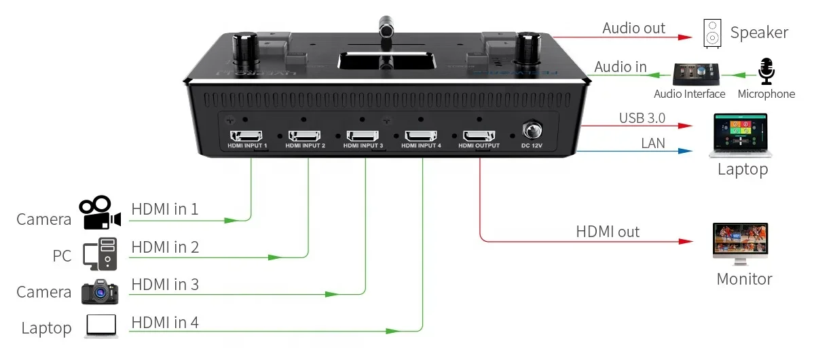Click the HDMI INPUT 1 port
click(248, 135)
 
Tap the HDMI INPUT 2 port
click(306, 135)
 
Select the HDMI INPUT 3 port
click(363, 135)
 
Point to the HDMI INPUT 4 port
click(421, 135)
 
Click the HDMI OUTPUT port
click(479, 135)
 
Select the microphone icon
click(766, 71)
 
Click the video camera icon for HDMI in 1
click(99, 213)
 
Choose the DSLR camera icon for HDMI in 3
click(100, 291)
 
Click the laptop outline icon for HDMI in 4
click(101, 327)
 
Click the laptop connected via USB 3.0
click(742, 134)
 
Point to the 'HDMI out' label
click(608, 232)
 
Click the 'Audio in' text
click(621, 67)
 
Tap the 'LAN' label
click(653, 143)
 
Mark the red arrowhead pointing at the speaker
click(688, 37)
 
